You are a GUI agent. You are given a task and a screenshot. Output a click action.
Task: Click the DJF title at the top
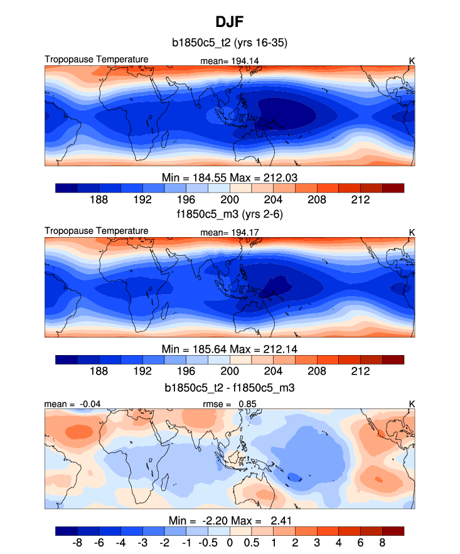tap(230, 22)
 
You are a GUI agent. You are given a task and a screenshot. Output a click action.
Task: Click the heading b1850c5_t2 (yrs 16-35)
tap(230, 43)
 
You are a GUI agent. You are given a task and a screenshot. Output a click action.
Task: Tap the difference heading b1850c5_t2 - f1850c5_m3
tap(230, 388)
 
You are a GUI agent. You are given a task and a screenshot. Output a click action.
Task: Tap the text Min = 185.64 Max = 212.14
tap(230, 349)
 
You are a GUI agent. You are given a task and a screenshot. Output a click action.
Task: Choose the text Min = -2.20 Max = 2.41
tap(230, 521)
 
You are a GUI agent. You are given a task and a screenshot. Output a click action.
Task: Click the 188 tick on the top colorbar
tap(99, 199)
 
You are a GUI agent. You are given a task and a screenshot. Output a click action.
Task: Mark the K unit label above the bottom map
tap(412, 405)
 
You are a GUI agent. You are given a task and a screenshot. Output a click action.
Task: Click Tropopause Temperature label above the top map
tap(97, 60)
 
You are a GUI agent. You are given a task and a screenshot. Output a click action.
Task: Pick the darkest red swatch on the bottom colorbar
tap(393, 531)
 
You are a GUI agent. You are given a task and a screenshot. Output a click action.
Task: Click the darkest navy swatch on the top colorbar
tap(66, 187)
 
